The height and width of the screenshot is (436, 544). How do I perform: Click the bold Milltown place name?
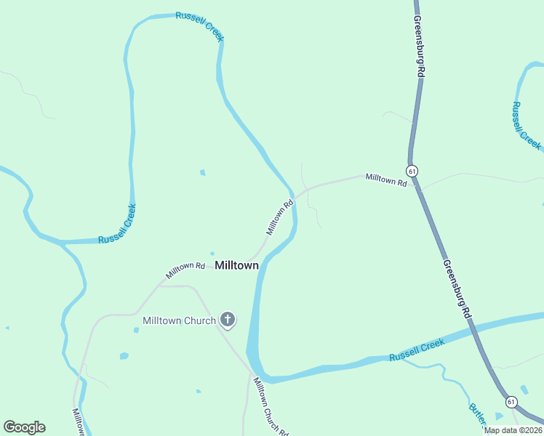[236, 266]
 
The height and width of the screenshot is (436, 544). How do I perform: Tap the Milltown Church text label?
[179, 320]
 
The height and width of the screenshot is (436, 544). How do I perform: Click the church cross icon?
[228, 318]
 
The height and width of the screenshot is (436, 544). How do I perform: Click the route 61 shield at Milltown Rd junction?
[412, 171]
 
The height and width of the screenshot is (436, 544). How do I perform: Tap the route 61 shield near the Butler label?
[511, 401]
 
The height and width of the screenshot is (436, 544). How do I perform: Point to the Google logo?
[24, 427]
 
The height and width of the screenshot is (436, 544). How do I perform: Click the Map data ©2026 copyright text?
[513, 430]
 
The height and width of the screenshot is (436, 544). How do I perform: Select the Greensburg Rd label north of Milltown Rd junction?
[417, 47]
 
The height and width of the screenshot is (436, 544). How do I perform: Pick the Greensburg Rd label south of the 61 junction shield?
[456, 291]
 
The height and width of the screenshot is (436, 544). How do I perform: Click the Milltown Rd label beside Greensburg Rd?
[385, 179]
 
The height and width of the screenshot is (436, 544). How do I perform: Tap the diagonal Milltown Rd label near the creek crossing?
[279, 217]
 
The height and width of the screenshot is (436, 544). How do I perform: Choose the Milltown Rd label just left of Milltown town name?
[185, 270]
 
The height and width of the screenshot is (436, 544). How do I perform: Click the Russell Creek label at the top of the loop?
[199, 26]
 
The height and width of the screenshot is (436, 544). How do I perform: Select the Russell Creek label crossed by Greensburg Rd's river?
[416, 352]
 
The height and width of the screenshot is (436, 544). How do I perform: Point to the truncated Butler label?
[477, 416]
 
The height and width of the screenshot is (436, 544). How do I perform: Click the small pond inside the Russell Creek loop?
[202, 172]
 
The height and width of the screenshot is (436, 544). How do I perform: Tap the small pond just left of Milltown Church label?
[136, 330]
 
